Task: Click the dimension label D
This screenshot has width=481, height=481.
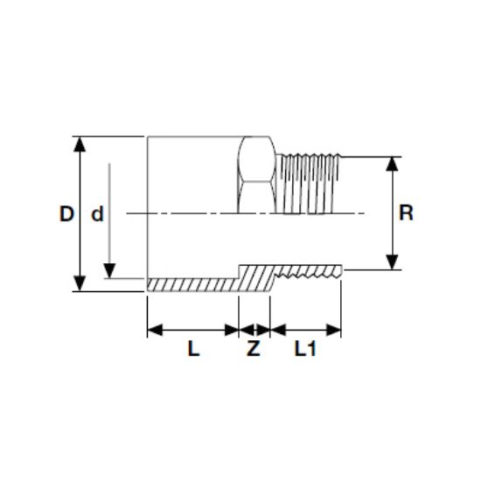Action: pyautogui.click(x=66, y=213)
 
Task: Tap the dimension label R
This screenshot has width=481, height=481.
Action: pyautogui.click(x=405, y=213)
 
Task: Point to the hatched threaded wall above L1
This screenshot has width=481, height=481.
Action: pyautogui.click(x=306, y=275)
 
